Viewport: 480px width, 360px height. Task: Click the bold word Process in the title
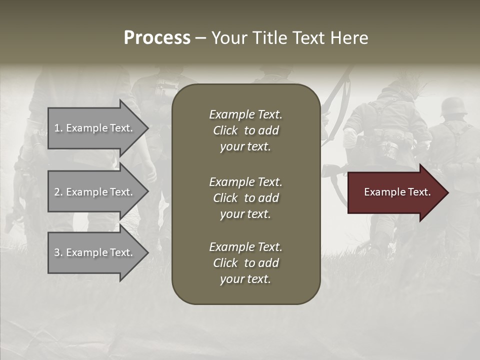[157, 38]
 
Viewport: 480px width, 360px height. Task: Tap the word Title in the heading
[268, 38]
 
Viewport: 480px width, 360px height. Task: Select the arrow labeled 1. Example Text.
[95, 128]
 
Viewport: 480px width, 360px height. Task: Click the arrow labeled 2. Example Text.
[95, 192]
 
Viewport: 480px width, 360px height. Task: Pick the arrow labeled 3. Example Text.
[95, 252]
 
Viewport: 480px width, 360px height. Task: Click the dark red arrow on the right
[395, 192]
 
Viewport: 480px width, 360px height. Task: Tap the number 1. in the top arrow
[58, 128]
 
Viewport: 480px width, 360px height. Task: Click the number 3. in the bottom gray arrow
[58, 252]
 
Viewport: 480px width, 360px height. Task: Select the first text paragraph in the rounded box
[245, 130]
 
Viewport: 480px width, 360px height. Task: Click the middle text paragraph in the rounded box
[245, 198]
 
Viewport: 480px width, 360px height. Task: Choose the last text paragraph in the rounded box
[245, 263]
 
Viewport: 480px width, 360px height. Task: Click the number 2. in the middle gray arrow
[58, 192]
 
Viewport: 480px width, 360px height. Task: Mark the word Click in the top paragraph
[225, 130]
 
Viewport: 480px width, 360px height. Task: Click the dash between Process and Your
[200, 38]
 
